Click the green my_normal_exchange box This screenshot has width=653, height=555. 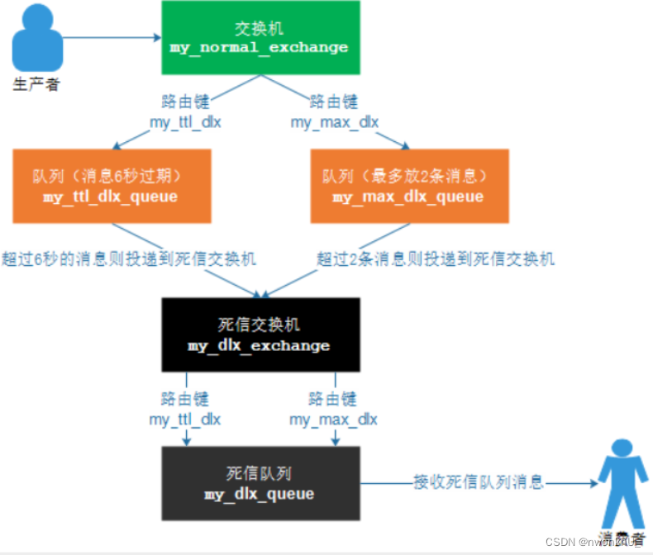coord(259,38)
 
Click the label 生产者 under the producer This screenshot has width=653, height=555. coord(36,84)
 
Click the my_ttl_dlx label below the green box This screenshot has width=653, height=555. coord(185,122)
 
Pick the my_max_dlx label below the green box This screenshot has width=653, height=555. coord(334,122)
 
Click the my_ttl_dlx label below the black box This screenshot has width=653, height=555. coord(185,420)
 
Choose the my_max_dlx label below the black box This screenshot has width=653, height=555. coord(333,420)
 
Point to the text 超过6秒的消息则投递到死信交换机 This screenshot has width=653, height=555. coord(129,259)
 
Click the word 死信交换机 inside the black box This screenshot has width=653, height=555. coord(259,325)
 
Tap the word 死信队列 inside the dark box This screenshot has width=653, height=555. coord(259,474)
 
